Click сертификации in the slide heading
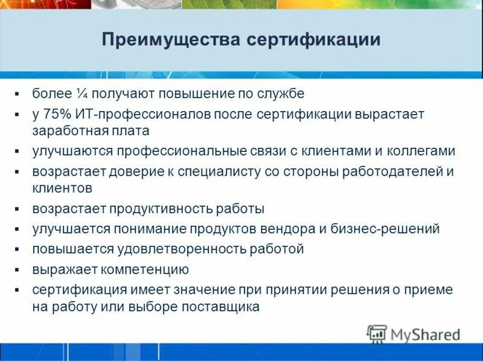313,40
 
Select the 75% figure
57,113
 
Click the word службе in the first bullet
286,94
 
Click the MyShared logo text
425,334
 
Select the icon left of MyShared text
377,334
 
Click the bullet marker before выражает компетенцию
18,269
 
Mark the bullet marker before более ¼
18,94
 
